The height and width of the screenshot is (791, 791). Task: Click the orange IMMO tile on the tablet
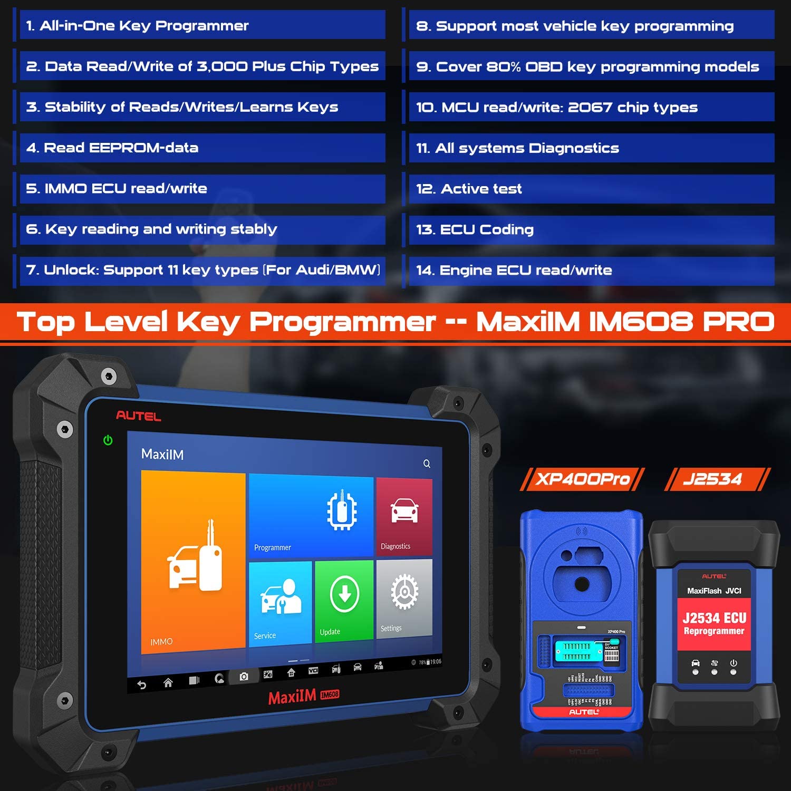click(x=194, y=562)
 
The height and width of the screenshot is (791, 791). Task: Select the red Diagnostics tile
click(x=404, y=517)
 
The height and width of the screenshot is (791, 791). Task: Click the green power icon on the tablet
click(x=108, y=440)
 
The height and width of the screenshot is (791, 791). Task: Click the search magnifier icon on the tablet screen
click(x=427, y=464)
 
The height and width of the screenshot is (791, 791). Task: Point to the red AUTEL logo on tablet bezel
click(x=138, y=416)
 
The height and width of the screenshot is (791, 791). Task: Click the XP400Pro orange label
click(x=582, y=479)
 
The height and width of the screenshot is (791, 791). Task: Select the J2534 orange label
click(x=713, y=479)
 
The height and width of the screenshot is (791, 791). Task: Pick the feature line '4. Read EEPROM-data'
click(x=112, y=148)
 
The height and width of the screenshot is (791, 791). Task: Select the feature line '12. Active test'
click(x=469, y=189)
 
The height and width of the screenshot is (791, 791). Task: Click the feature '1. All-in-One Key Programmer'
click(x=137, y=25)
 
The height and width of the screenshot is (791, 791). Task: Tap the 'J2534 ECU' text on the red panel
click(x=714, y=618)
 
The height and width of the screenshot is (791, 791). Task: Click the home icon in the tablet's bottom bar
click(x=168, y=683)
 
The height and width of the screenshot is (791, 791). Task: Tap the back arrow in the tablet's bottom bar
click(x=141, y=685)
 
